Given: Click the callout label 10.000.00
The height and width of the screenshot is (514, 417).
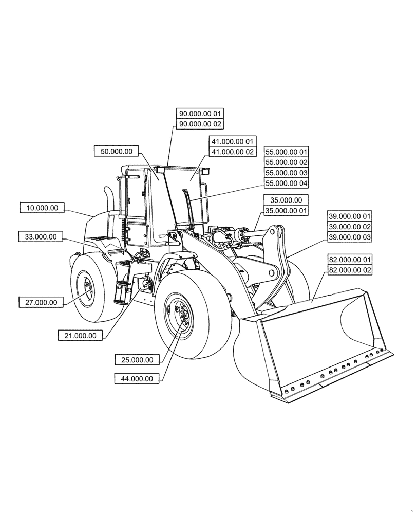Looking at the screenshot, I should [42, 208].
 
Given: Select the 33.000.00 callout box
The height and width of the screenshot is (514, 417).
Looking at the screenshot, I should [41, 237].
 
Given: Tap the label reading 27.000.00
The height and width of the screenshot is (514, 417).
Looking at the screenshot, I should [41, 302].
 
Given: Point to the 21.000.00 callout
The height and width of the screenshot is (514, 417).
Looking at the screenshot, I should [81, 335].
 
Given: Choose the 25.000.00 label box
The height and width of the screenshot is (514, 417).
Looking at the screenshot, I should [137, 360].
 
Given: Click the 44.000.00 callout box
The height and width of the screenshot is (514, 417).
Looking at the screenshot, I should [137, 379].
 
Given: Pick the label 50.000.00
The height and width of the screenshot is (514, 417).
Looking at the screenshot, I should [117, 151].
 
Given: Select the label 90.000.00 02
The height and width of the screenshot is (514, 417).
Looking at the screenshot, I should [201, 124].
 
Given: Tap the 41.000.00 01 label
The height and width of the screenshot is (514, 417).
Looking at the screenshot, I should [232, 141].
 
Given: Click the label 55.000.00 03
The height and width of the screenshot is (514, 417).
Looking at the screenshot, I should [287, 173].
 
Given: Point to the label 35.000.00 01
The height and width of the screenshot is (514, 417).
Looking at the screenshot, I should [287, 211].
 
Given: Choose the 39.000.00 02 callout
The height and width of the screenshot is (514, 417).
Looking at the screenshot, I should [350, 227].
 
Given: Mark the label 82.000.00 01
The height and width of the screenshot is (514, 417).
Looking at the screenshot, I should [350, 260].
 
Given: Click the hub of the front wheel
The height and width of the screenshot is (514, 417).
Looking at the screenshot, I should [180, 316].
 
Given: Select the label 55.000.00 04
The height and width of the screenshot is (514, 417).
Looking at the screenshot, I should [287, 183].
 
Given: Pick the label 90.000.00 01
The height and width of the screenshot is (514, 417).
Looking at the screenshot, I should [201, 113].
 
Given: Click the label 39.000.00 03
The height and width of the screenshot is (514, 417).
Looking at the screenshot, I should [350, 237].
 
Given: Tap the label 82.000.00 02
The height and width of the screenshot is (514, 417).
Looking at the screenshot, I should [350, 270].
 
